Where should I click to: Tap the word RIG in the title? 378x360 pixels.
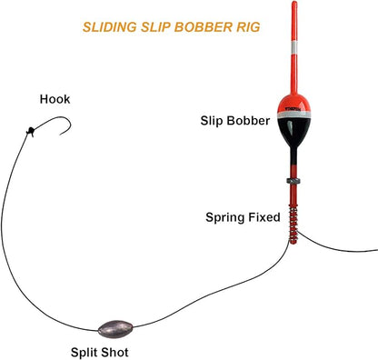pos(246,26)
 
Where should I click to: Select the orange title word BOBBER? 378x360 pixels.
pos(201,26)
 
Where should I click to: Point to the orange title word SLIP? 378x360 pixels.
pos(154,26)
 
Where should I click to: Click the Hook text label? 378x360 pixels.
pos(55,99)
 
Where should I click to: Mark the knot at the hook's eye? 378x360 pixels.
pos(30,131)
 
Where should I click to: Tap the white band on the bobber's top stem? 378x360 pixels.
pos(293,68)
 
